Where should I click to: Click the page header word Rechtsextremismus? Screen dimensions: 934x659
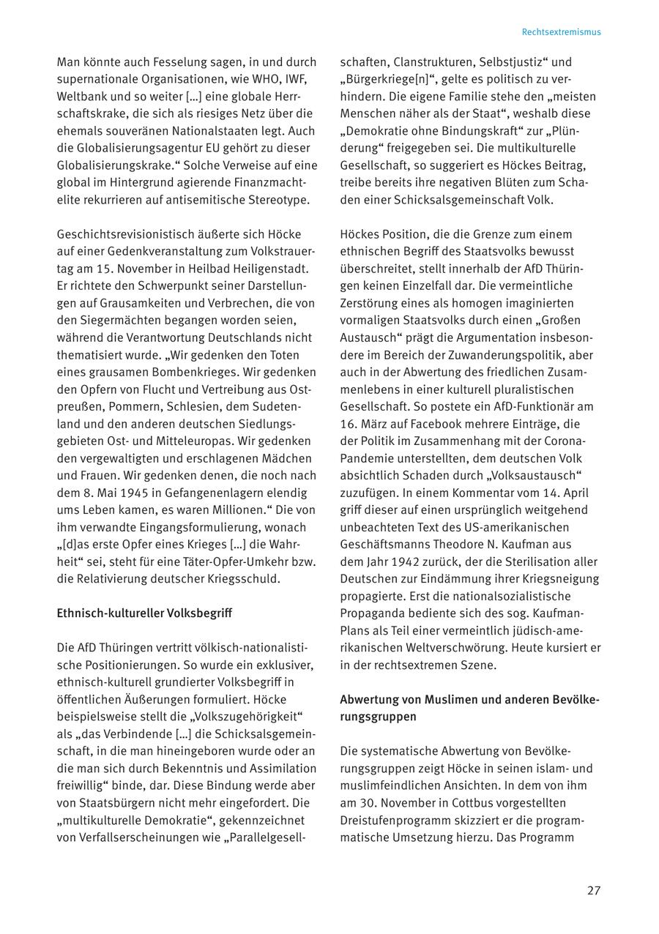click(x=561, y=32)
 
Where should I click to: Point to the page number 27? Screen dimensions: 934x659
click(x=593, y=891)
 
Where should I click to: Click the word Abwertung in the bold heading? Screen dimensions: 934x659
click(x=368, y=700)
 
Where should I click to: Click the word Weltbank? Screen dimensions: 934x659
click(x=82, y=97)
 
